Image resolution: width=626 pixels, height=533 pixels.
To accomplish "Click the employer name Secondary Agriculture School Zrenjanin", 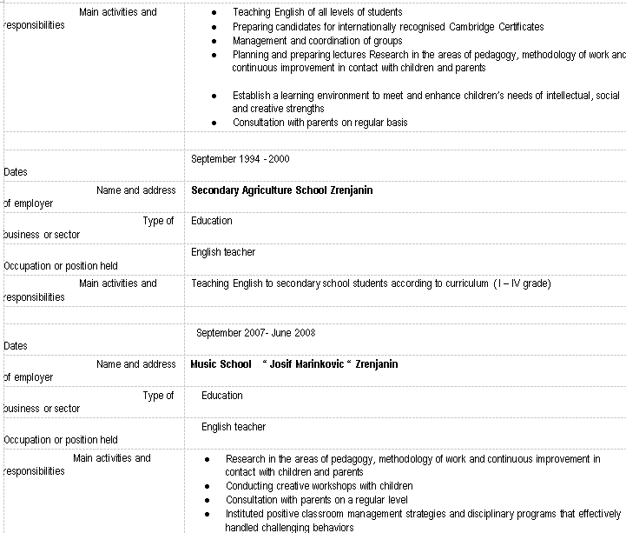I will coord(281,190).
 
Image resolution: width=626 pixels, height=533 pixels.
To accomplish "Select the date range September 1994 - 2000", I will coord(241,159).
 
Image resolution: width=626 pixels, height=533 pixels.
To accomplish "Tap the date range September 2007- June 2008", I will coord(255,332).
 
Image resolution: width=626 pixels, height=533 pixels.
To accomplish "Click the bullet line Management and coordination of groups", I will coord(317,41).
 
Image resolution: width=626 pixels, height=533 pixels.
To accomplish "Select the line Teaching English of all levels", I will coord(317,13).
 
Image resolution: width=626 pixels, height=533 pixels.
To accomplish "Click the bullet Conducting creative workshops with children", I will coord(319,485).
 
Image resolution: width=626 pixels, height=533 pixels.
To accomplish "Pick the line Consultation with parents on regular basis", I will coord(320,123).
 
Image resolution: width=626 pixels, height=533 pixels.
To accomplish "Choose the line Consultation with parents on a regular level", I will coord(316,500).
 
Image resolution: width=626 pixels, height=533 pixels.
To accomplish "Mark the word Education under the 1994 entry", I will coord(212,221).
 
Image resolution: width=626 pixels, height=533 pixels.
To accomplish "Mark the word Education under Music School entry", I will coord(222,396).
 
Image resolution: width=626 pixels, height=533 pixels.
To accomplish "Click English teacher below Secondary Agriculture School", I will coord(223,252).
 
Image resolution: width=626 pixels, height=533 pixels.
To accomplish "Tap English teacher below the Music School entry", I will coord(234,427).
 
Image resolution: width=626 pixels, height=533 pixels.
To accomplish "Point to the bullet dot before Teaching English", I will coord(214,13).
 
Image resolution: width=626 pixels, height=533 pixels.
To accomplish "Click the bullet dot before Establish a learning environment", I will coord(214,96).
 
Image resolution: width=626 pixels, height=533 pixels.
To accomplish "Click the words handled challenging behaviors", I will coord(289,527).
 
